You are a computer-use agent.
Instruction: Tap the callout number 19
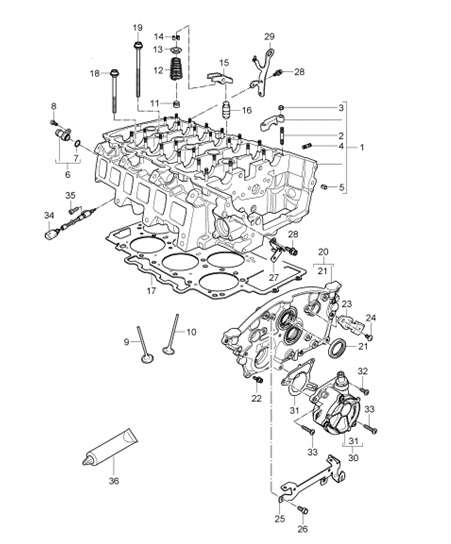(x=137, y=26)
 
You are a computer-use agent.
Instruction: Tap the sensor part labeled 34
(x=53, y=235)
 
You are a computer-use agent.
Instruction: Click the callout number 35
(x=70, y=196)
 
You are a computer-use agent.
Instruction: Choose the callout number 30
(x=352, y=459)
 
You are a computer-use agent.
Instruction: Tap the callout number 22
(x=257, y=398)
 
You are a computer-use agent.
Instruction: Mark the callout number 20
(x=323, y=251)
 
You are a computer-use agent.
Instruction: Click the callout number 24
(x=370, y=319)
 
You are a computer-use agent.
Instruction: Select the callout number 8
(x=54, y=107)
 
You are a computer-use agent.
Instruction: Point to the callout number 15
(x=224, y=62)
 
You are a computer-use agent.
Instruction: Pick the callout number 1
(x=362, y=147)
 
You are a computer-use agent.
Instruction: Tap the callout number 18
(x=96, y=73)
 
